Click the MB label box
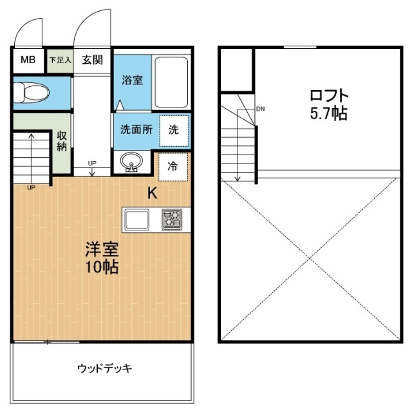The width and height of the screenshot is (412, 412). (28, 61)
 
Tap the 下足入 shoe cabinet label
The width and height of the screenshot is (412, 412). (61, 61)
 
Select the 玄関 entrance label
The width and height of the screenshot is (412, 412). (93, 61)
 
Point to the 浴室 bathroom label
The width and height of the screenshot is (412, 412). (133, 80)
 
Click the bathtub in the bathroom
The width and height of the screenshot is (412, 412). (171, 83)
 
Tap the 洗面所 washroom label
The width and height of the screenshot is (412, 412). (136, 128)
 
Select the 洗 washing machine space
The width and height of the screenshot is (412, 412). (174, 128)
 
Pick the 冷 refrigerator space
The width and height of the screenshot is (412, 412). (173, 166)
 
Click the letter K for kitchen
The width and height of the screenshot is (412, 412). (153, 193)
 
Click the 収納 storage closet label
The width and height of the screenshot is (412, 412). (62, 142)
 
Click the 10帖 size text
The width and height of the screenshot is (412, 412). (102, 267)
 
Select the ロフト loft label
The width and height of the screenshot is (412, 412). (329, 96)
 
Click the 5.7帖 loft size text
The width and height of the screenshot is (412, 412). (329, 115)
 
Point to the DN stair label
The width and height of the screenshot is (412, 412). (260, 108)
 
